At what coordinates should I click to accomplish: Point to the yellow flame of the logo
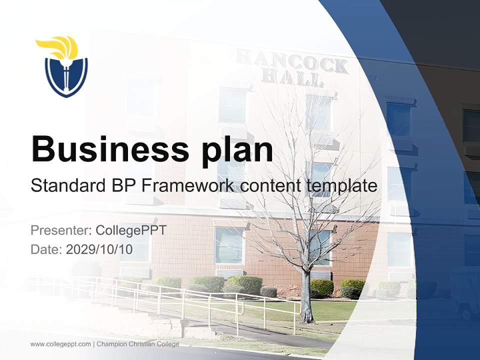click(59, 46)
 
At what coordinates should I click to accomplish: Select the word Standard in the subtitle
click(68, 186)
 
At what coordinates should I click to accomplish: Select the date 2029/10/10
click(99, 249)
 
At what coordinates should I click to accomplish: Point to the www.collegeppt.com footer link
click(60, 344)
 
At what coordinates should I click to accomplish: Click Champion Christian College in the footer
click(137, 344)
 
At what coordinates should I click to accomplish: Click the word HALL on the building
click(292, 78)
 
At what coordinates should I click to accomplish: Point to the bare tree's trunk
click(306, 295)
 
